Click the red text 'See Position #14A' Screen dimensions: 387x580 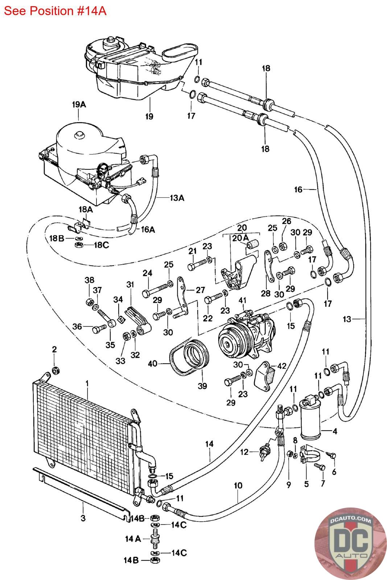point(55,11)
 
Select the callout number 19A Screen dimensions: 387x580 point(79,105)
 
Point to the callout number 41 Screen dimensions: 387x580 point(242,301)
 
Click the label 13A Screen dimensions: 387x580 point(177,198)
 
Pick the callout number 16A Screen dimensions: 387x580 point(148,229)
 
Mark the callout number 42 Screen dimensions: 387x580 point(282,366)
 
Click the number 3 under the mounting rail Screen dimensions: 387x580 point(83,518)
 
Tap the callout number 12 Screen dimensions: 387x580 point(244,452)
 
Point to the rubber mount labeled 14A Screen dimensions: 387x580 point(155,539)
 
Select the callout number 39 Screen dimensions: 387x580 point(202,386)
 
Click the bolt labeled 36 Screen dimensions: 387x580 point(99,329)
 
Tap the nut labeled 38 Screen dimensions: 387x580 point(89,302)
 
